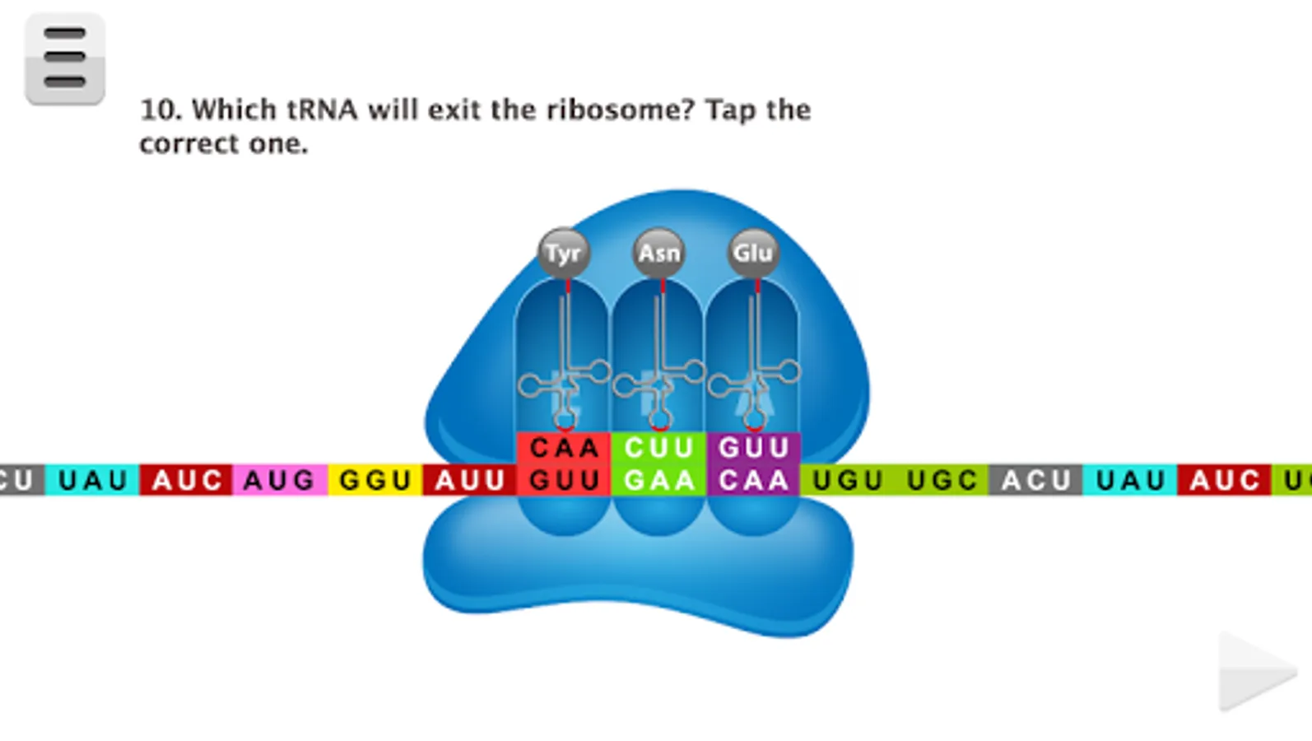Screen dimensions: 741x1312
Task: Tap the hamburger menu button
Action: (65, 58)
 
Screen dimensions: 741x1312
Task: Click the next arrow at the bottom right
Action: (1255, 670)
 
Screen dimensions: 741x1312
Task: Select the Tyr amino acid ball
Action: (564, 253)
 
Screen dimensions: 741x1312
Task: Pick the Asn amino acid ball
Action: (659, 253)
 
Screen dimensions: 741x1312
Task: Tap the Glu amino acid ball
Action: (753, 253)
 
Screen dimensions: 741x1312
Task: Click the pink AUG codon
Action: (280, 480)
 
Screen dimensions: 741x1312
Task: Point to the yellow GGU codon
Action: (375, 480)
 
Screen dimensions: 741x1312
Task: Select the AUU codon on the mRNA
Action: (469, 480)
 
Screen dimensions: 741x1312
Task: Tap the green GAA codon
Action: (659, 480)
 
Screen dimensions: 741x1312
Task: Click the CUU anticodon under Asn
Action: (659, 448)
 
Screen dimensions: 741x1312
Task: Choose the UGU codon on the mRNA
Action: (848, 480)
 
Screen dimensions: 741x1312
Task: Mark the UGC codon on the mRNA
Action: (942, 480)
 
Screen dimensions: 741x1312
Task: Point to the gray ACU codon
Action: (1035, 480)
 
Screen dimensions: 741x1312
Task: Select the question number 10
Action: (161, 110)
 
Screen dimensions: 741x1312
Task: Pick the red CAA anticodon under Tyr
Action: (564, 448)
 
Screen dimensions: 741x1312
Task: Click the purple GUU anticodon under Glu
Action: (754, 448)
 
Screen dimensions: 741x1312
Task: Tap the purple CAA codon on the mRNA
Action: (754, 480)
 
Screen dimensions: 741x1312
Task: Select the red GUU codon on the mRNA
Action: (564, 480)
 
